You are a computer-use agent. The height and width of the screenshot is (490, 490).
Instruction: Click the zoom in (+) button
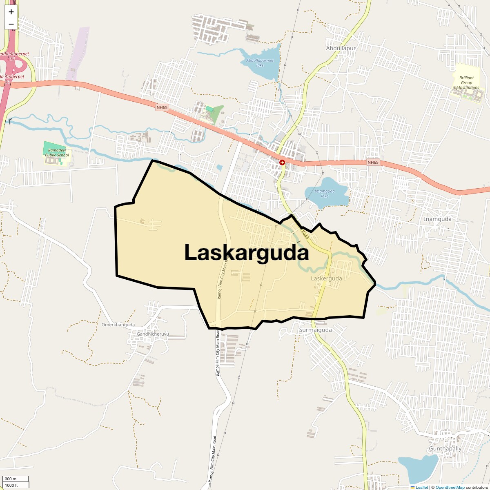click(x=11, y=12)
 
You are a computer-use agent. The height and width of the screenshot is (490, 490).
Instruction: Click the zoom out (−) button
click(x=11, y=23)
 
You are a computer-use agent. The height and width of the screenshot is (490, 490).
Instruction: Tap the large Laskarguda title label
click(x=246, y=253)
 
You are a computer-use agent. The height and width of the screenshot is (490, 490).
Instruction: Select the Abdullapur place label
click(x=341, y=48)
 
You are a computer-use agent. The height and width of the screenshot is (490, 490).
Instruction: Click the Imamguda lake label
click(x=325, y=193)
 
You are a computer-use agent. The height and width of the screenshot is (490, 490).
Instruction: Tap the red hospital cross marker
click(x=282, y=163)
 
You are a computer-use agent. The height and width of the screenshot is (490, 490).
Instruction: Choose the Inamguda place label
click(x=438, y=219)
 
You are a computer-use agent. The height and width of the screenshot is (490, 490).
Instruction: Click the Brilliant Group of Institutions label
click(x=466, y=82)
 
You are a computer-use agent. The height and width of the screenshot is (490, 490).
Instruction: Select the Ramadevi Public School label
click(x=57, y=153)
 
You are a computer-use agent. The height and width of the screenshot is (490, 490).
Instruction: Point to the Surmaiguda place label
click(x=315, y=330)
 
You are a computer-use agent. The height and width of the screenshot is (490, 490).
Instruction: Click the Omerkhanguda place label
click(x=118, y=325)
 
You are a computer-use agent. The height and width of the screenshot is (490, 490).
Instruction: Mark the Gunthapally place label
click(x=445, y=449)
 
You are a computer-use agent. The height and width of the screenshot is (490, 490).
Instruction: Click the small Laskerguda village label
click(x=326, y=278)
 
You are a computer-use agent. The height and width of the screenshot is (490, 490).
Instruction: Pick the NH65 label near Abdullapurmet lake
click(x=162, y=108)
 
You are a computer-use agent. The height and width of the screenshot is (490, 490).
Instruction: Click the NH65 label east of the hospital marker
click(x=373, y=163)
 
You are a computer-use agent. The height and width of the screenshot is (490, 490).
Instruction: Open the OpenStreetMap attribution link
click(x=450, y=487)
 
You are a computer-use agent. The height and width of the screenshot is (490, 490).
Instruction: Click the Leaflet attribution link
click(x=422, y=487)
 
